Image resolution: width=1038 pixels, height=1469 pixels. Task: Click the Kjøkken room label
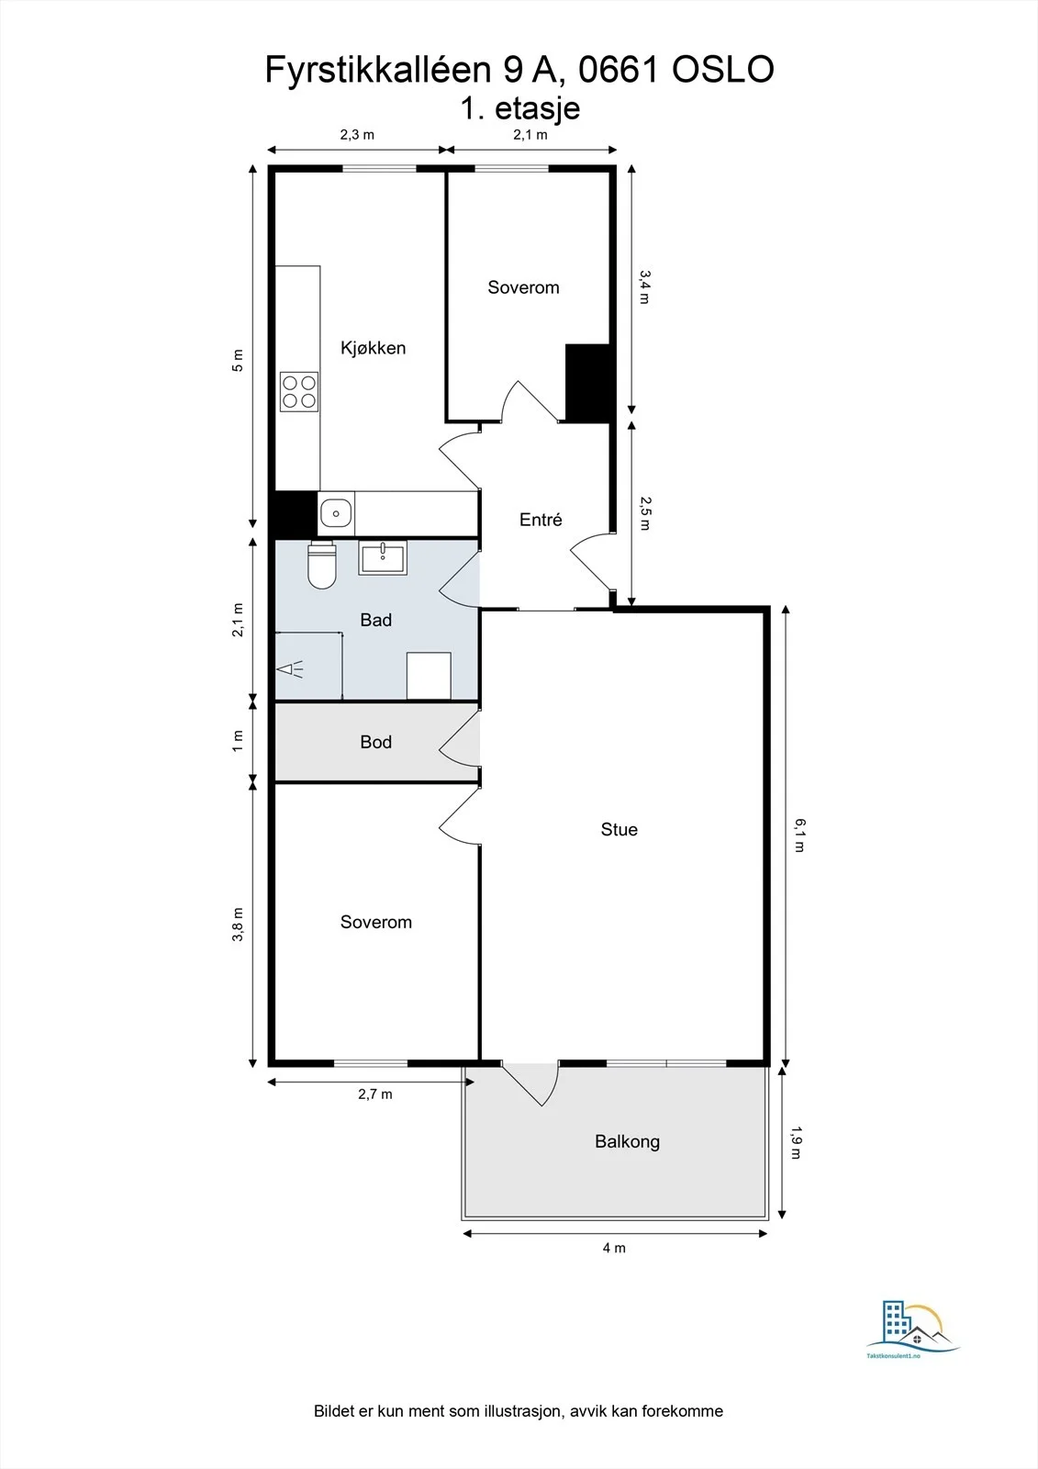(374, 348)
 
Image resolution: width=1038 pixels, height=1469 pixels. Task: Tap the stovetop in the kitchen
(299, 391)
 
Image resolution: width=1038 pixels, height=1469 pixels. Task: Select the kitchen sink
(337, 513)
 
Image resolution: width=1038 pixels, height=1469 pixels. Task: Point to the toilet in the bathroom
(322, 565)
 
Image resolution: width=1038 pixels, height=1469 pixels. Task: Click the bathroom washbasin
(383, 557)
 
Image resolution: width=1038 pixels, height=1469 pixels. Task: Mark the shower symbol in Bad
(290, 669)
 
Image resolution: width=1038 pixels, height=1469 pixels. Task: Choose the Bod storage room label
(375, 742)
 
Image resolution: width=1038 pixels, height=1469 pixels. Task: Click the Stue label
(619, 829)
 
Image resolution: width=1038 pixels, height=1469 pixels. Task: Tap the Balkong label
(628, 1141)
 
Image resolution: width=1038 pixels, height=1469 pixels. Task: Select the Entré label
(541, 520)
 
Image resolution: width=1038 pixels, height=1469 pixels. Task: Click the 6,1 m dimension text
(800, 835)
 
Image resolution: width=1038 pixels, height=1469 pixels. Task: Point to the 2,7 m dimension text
(375, 1093)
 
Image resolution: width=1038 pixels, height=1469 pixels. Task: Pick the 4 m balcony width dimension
(614, 1248)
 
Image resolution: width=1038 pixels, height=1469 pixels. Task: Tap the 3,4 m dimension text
(644, 287)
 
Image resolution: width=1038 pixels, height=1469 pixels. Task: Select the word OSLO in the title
(723, 70)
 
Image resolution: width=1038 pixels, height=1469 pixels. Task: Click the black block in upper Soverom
(588, 383)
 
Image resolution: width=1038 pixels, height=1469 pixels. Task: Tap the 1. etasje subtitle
(520, 109)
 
